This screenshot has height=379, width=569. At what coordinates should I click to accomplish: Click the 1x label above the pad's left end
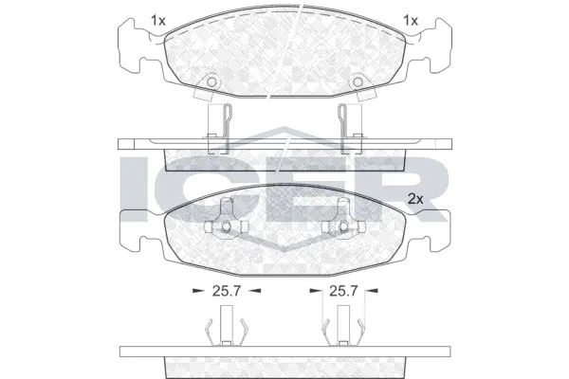point(158,20)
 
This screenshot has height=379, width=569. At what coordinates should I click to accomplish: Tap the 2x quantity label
point(414,198)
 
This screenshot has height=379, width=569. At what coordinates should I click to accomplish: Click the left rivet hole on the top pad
point(211,82)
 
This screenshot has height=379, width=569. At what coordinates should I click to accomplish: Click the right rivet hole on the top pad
point(358,82)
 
